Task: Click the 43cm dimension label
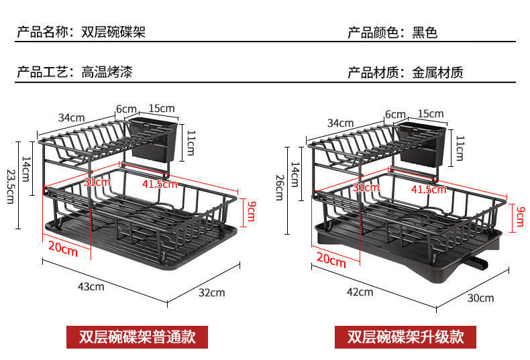point(92,287)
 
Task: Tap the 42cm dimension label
point(360,292)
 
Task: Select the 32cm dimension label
point(212,292)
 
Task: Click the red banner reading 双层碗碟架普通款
point(137,336)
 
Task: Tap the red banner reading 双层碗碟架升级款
point(405,336)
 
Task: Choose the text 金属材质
point(437,72)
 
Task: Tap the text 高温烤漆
point(107,72)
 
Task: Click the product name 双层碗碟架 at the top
point(113,32)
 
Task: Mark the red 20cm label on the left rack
point(62,247)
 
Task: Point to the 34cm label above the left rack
point(71,117)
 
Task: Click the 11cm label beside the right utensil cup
point(460,147)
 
